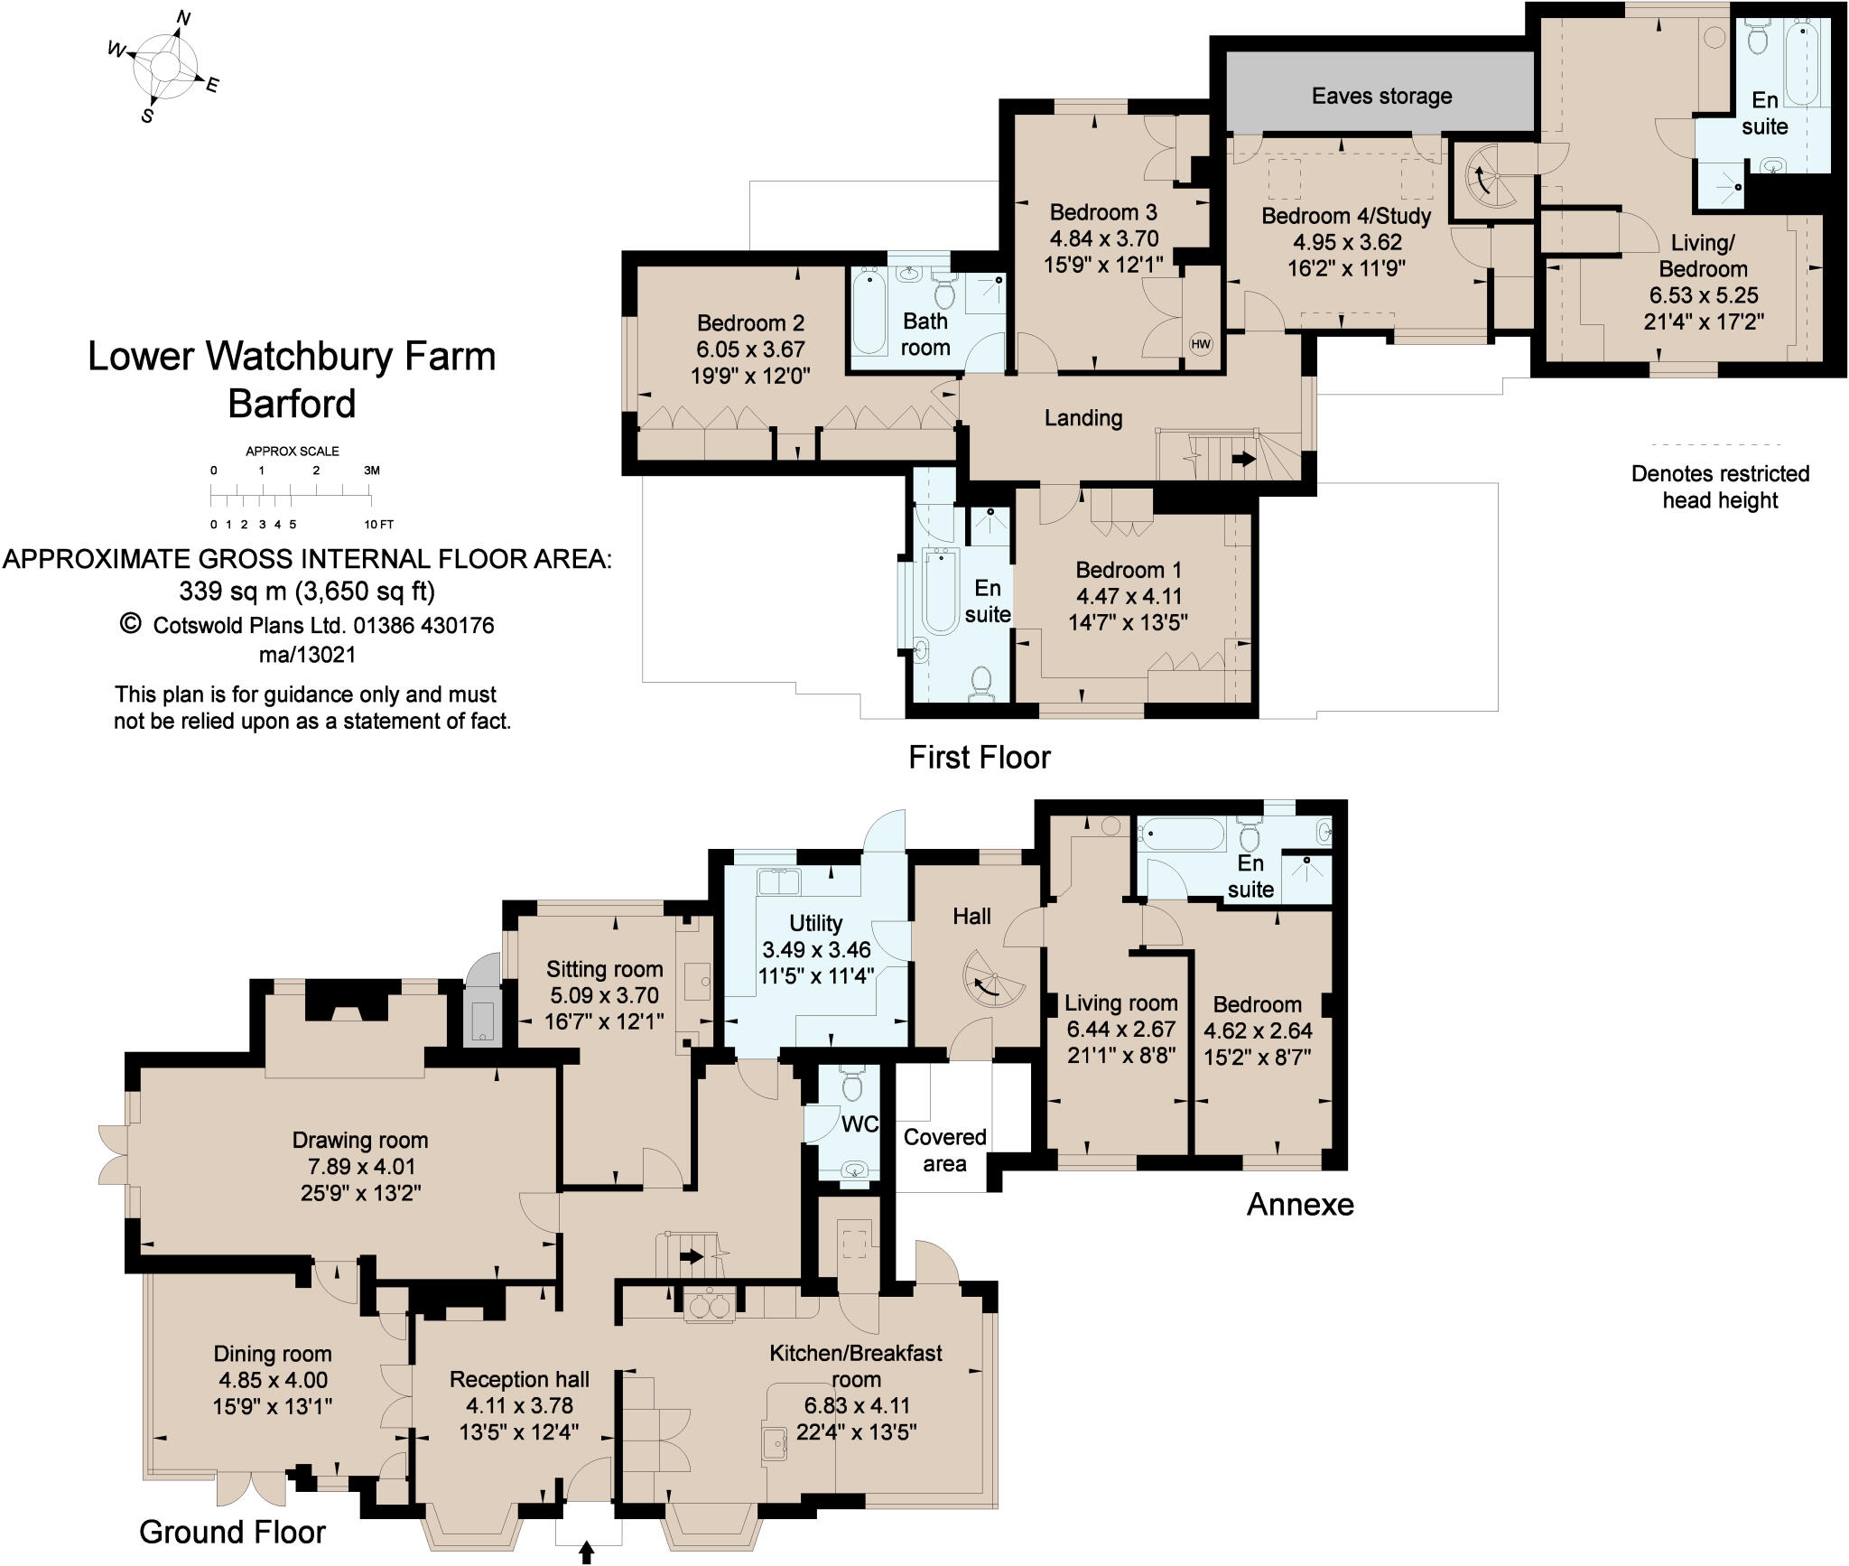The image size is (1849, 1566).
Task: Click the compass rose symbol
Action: coord(164,66)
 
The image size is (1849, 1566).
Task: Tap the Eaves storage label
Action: coord(1381,96)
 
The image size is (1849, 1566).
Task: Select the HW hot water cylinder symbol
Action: coord(1200,344)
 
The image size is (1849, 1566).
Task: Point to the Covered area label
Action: coord(944,1151)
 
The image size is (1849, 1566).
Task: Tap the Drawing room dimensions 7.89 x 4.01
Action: coord(360,1166)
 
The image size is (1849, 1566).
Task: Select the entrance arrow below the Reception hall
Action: coord(587,1552)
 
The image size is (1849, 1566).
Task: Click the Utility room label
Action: coord(815,923)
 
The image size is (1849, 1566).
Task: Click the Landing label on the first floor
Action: coord(1083,417)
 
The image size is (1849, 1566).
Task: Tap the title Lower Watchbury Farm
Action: coord(292,357)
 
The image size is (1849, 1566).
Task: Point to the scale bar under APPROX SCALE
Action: coord(291,496)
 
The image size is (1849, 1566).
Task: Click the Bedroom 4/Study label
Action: coord(1346,216)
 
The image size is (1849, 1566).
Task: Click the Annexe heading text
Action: coord(1300,1204)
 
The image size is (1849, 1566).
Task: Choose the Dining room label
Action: coord(273,1354)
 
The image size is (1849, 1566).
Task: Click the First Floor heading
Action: coord(980,757)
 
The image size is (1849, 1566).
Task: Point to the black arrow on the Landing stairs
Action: coord(1243,459)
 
